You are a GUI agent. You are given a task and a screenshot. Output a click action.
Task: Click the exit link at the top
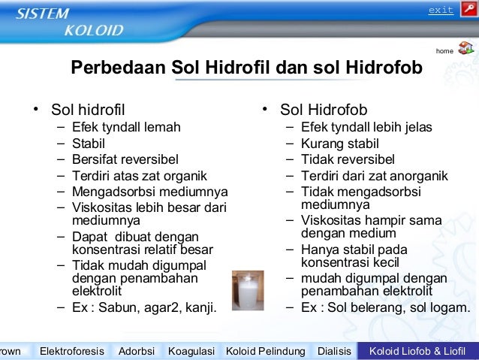click(441, 10)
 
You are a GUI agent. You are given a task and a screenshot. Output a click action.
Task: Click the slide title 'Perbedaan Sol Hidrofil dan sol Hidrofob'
click(246, 68)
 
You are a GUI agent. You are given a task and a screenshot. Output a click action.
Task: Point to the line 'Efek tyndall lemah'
click(126, 127)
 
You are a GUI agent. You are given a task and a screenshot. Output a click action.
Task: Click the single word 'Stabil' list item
click(89, 143)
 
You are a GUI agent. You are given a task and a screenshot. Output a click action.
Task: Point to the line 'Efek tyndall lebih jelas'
click(366, 127)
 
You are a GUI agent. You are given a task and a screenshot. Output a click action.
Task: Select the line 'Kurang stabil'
click(340, 143)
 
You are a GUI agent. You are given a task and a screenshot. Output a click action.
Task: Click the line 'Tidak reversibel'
click(348, 159)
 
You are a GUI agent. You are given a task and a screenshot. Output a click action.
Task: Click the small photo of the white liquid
click(248, 290)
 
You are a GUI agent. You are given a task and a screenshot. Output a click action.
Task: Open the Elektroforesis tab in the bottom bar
click(74, 351)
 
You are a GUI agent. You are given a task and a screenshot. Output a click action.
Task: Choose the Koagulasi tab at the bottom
click(191, 351)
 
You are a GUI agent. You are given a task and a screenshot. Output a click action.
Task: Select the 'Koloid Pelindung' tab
click(266, 351)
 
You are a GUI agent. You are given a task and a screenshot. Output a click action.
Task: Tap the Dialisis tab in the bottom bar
click(334, 351)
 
